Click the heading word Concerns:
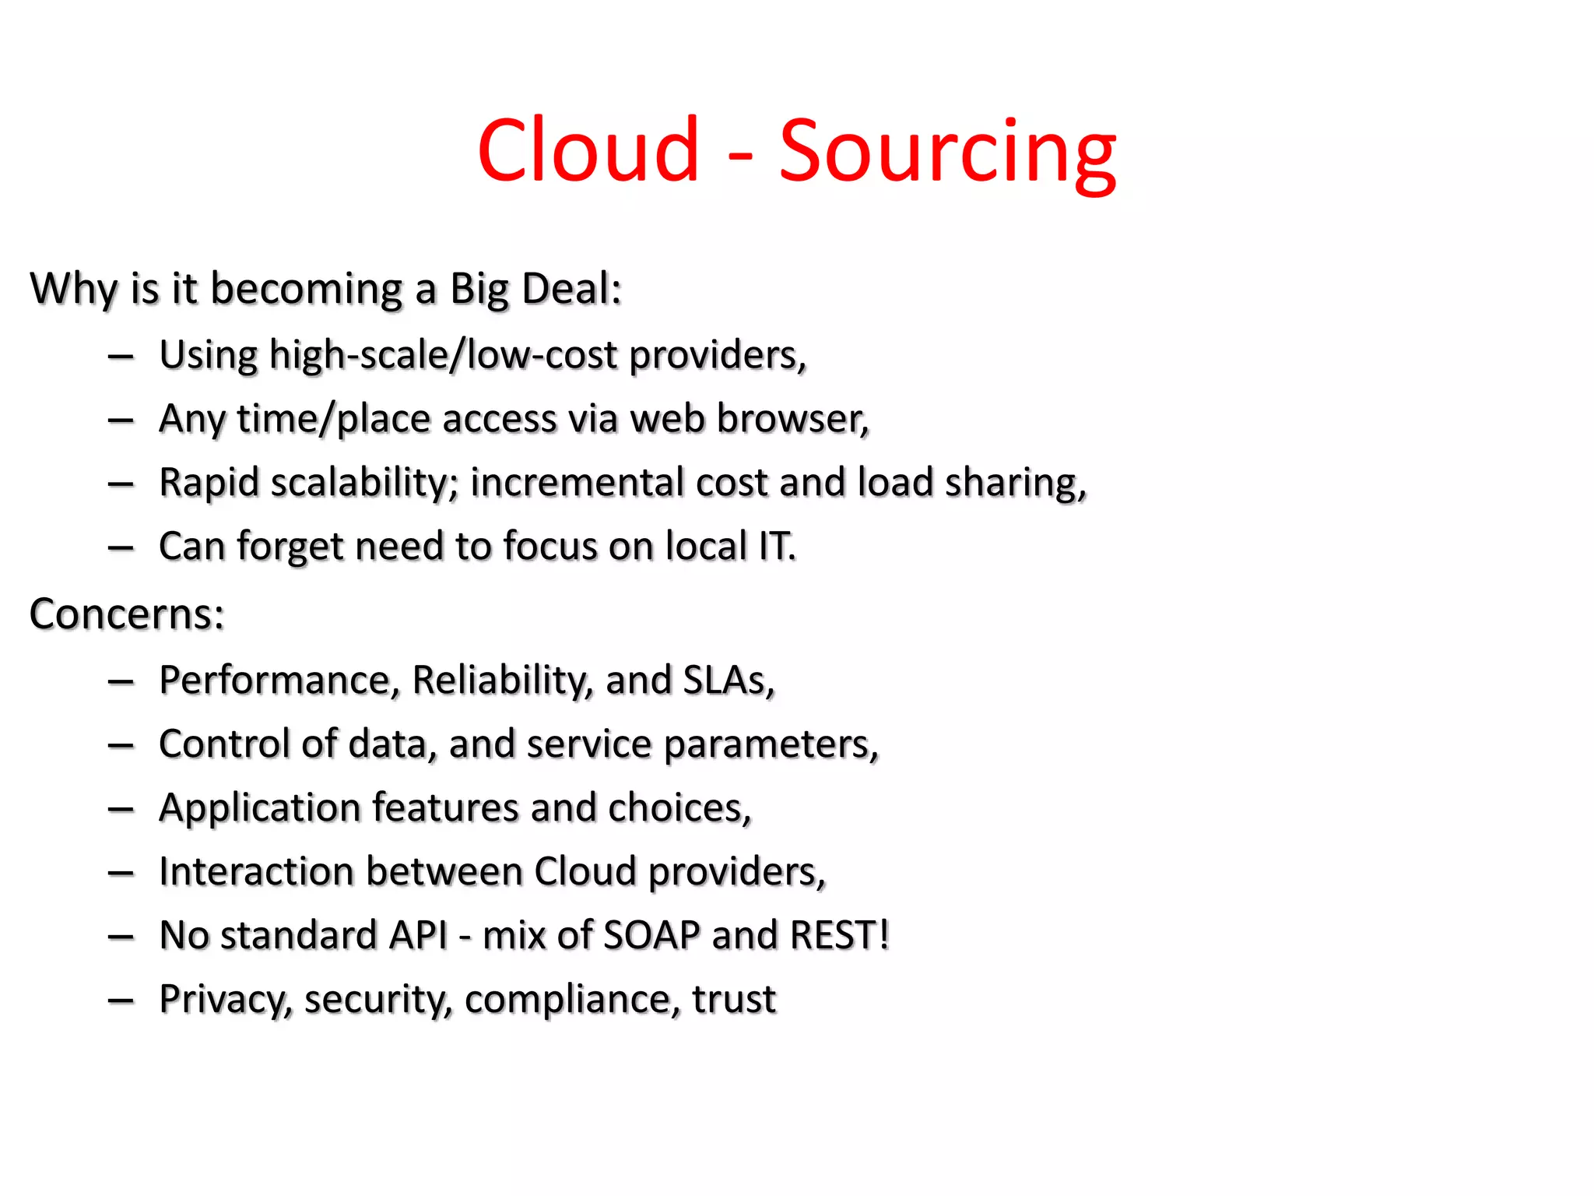pos(127,614)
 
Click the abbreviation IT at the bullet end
pos(775,546)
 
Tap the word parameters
pos(771,745)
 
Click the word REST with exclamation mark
pos(839,935)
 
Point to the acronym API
pos(419,935)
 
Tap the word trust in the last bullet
pos(734,999)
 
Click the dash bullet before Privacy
pos(121,1000)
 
